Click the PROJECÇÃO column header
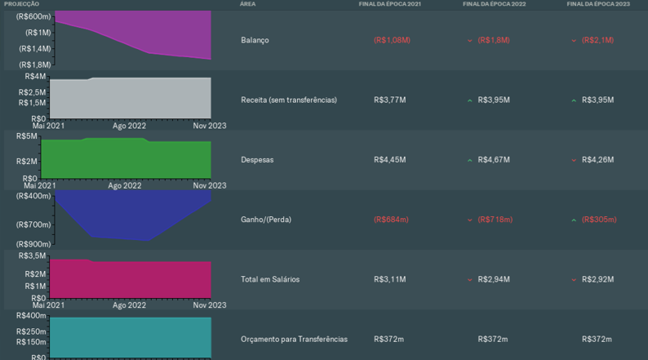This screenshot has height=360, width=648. coord(21,4)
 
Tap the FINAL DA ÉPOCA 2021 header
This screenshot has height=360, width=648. coord(390,4)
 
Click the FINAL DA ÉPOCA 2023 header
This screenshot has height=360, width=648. coord(598,4)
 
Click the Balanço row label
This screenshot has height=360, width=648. coord(255,40)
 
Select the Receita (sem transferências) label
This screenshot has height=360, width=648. coord(289,100)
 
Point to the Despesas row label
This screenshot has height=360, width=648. coord(257,160)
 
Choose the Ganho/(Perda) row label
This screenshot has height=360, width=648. coord(266,220)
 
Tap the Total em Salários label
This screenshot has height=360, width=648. coord(270,279)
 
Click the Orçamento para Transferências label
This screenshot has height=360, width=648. coord(294,339)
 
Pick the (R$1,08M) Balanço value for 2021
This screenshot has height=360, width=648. coord(392,40)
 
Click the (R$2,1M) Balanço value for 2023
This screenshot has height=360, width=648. coord(597,40)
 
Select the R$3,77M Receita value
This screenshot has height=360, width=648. coord(389,100)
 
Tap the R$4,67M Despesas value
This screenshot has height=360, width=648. coord(494,160)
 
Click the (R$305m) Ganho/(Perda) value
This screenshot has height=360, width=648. coord(599,220)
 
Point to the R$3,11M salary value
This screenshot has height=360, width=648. coord(389,279)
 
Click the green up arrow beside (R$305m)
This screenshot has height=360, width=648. coord(574,220)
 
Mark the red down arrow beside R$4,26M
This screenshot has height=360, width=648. coord(574,160)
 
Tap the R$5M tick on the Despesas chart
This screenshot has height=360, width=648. coord(27,136)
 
